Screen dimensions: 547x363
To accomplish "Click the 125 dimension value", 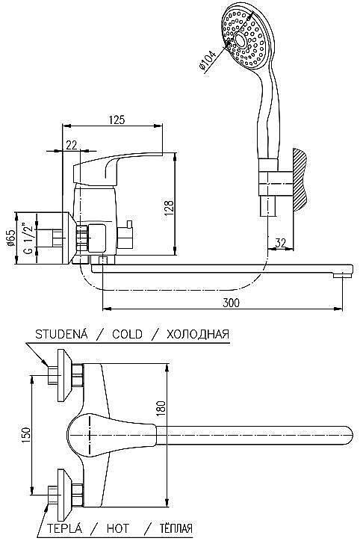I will (116, 120).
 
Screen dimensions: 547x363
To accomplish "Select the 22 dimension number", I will (70, 145).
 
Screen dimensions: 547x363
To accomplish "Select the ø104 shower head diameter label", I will (209, 59).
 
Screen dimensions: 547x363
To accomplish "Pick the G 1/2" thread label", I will (28, 239).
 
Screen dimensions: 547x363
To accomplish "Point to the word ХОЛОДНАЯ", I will (197, 334).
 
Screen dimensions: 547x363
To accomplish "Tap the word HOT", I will (118, 528).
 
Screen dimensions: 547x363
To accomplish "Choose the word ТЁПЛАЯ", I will (176, 528).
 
